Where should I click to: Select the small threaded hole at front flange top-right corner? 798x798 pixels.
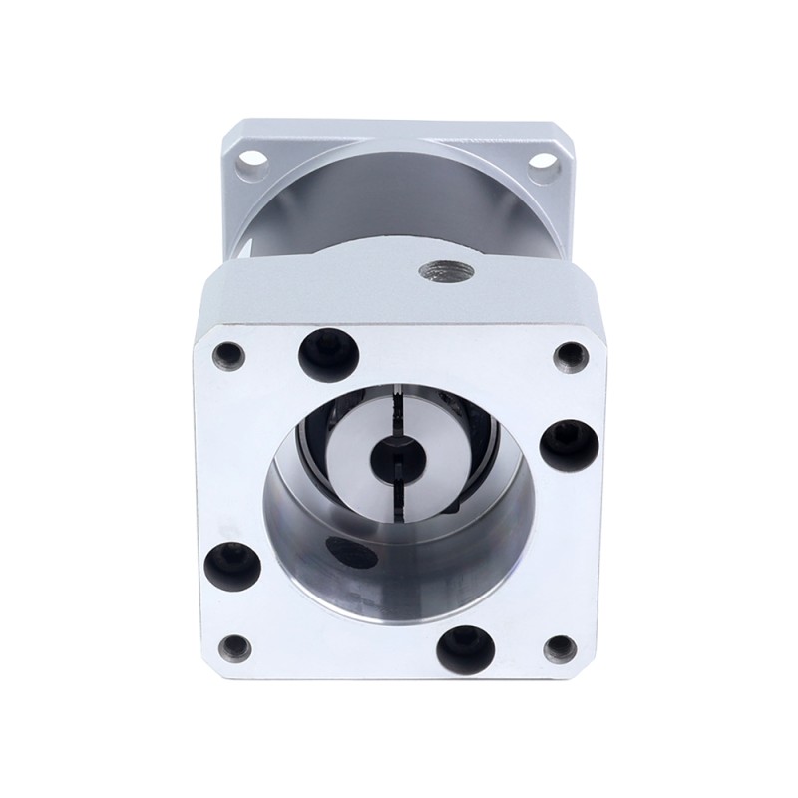click(570, 352)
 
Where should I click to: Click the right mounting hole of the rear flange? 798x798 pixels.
click(544, 160)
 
